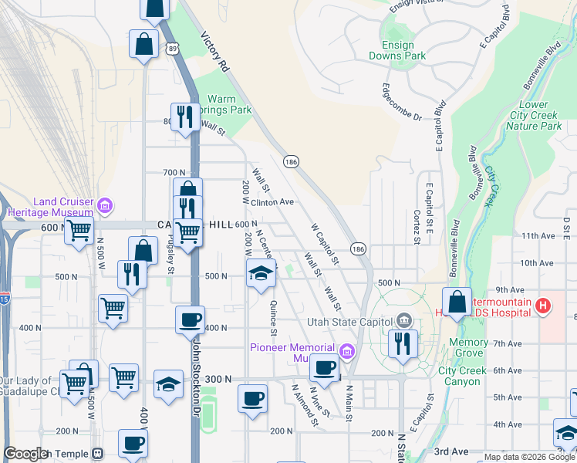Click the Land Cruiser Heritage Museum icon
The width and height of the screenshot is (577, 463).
point(106,205)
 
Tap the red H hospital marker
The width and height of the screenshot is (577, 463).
point(544,306)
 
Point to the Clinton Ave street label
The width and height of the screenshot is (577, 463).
point(273,202)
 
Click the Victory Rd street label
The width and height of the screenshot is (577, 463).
point(216,52)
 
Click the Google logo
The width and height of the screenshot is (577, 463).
point(26,454)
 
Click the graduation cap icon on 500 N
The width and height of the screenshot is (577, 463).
point(262,272)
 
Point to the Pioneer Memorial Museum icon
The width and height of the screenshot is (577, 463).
point(347,353)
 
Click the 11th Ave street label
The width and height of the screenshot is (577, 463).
point(538,235)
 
